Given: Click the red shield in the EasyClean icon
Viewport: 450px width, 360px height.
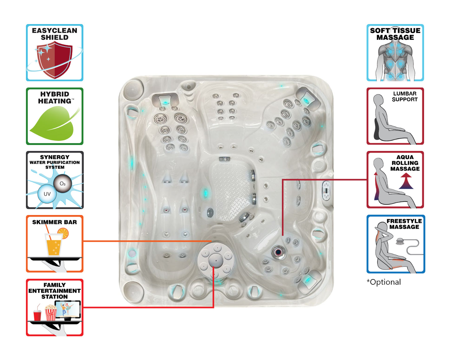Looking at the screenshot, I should pos(55,60).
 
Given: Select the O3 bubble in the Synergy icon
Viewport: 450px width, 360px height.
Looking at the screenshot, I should pos(62,184).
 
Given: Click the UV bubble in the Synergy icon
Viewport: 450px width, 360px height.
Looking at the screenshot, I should pos(47,194).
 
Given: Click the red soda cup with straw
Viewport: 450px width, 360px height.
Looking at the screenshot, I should pos(37,315).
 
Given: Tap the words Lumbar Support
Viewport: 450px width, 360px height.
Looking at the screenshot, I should pos(405,97).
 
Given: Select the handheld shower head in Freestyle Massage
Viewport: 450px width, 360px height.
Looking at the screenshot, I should pos(400,242).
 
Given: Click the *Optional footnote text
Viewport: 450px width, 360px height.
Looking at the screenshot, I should pos(384,282).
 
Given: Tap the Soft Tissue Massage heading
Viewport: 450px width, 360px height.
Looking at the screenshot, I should pos(395,34).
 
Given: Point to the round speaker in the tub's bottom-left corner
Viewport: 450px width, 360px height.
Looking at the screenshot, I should pos(132,290).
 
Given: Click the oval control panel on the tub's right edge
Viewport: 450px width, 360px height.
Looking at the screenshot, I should pos(326,190).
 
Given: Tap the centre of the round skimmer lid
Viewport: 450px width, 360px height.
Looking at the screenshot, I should pos(215,260).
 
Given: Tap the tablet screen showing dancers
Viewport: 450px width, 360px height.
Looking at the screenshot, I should pos(68,309).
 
